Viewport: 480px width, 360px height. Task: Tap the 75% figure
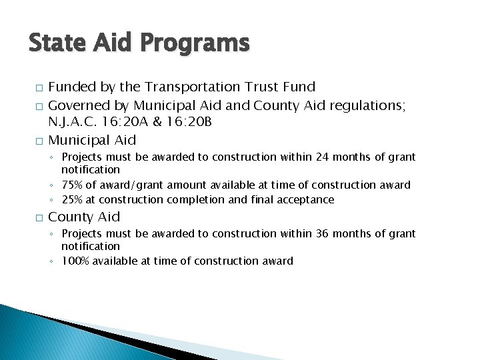click(x=73, y=185)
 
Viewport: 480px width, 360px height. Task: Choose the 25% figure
click(x=73, y=200)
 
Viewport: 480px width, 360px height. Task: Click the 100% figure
click(x=76, y=261)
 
